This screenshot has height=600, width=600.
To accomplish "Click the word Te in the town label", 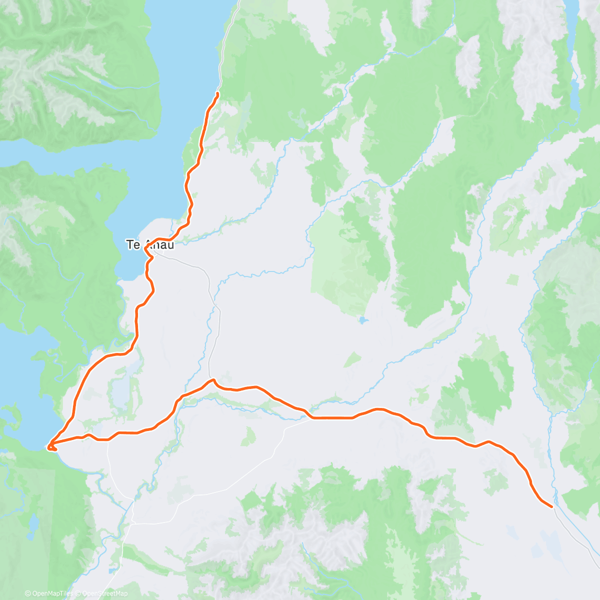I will [x=132, y=245].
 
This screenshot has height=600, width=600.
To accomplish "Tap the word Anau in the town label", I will [x=159, y=245].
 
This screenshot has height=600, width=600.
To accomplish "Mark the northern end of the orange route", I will [x=217, y=93].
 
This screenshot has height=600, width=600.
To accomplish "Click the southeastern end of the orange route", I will [x=551, y=506].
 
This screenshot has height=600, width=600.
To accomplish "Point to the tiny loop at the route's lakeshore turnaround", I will [x=51, y=446].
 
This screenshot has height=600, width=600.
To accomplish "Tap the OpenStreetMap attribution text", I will [x=104, y=593].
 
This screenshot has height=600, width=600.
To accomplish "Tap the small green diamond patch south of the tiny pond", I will [x=352, y=359].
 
